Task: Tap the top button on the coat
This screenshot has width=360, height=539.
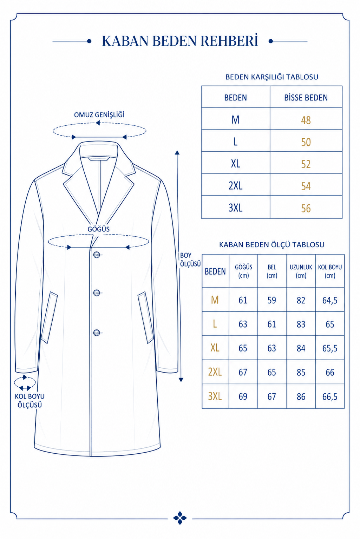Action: click(97, 255)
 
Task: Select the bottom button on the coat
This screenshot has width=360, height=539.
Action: click(97, 333)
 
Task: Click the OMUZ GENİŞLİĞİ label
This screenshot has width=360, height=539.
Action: click(99, 115)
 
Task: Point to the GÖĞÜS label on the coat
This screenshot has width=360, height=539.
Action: click(98, 229)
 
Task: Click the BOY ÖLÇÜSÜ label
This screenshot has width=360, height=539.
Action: click(190, 259)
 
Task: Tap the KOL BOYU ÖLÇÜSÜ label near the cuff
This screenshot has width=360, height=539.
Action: click(30, 401)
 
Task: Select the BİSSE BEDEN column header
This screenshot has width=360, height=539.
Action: click(306, 98)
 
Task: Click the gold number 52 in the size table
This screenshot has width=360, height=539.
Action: click(306, 164)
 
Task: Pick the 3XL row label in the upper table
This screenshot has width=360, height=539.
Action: click(235, 208)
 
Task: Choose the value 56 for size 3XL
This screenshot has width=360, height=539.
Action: click(306, 208)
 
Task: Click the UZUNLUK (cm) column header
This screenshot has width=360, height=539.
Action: click(301, 271)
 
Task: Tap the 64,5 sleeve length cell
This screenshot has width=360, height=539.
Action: click(330, 300)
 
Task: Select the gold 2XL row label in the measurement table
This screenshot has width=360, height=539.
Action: click(215, 372)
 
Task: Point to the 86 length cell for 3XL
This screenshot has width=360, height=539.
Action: click(301, 396)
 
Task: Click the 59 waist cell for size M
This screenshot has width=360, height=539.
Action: click(272, 300)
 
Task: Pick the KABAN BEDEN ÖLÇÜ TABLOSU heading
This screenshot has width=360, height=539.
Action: click(272, 245)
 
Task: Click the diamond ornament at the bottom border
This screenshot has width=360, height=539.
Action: click(180, 518)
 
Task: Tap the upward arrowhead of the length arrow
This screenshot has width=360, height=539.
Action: click(177, 152)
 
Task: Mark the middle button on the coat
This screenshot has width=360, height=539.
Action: click(97, 292)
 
